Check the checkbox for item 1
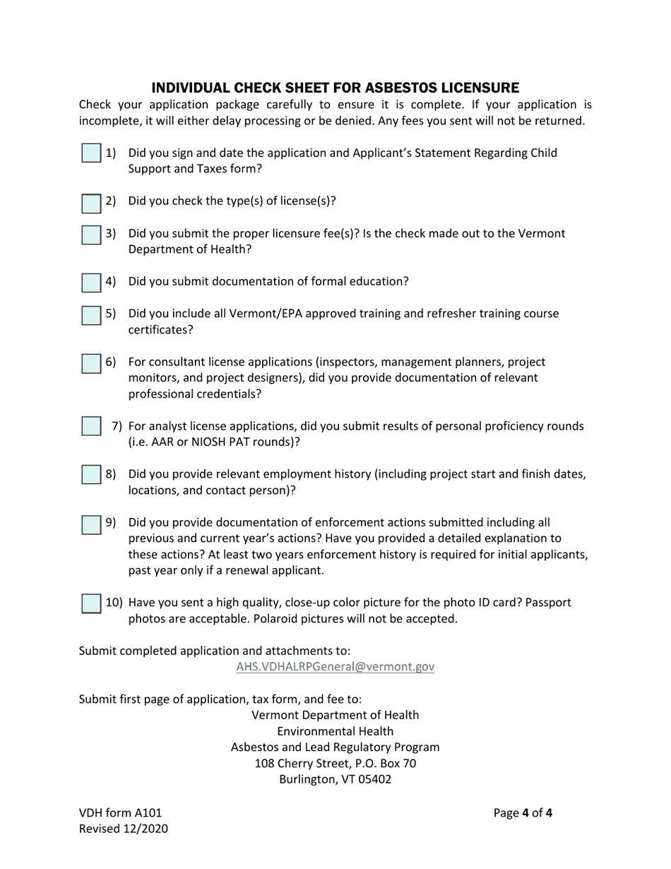click(x=91, y=153)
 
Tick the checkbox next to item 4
click(x=91, y=282)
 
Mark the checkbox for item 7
click(x=91, y=427)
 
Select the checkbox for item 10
click(x=91, y=603)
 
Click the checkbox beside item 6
click(x=91, y=363)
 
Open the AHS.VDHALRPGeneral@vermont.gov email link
click(x=335, y=666)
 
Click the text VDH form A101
click(x=114, y=812)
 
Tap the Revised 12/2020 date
click(x=123, y=829)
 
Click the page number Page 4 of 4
click(x=523, y=812)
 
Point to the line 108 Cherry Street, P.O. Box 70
click(x=335, y=763)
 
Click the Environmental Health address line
click(x=335, y=731)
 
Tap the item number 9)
click(x=111, y=523)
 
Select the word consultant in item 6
click(x=177, y=362)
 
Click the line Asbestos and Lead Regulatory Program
click(x=335, y=747)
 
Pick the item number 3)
click(x=111, y=233)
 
